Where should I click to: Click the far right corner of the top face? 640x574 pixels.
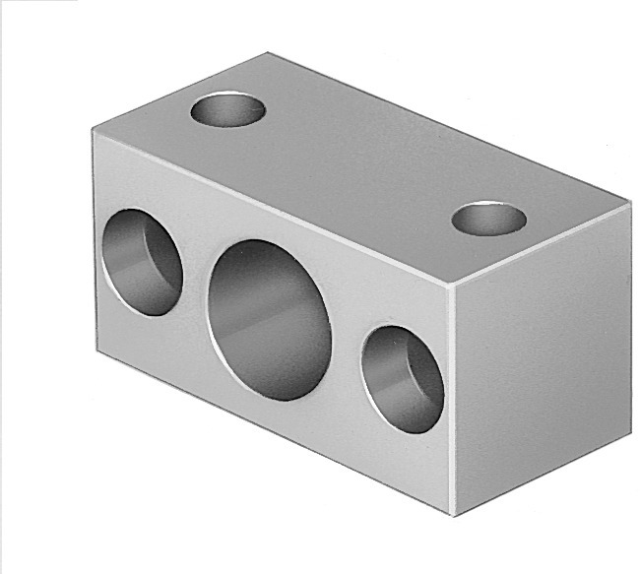point(627,201)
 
